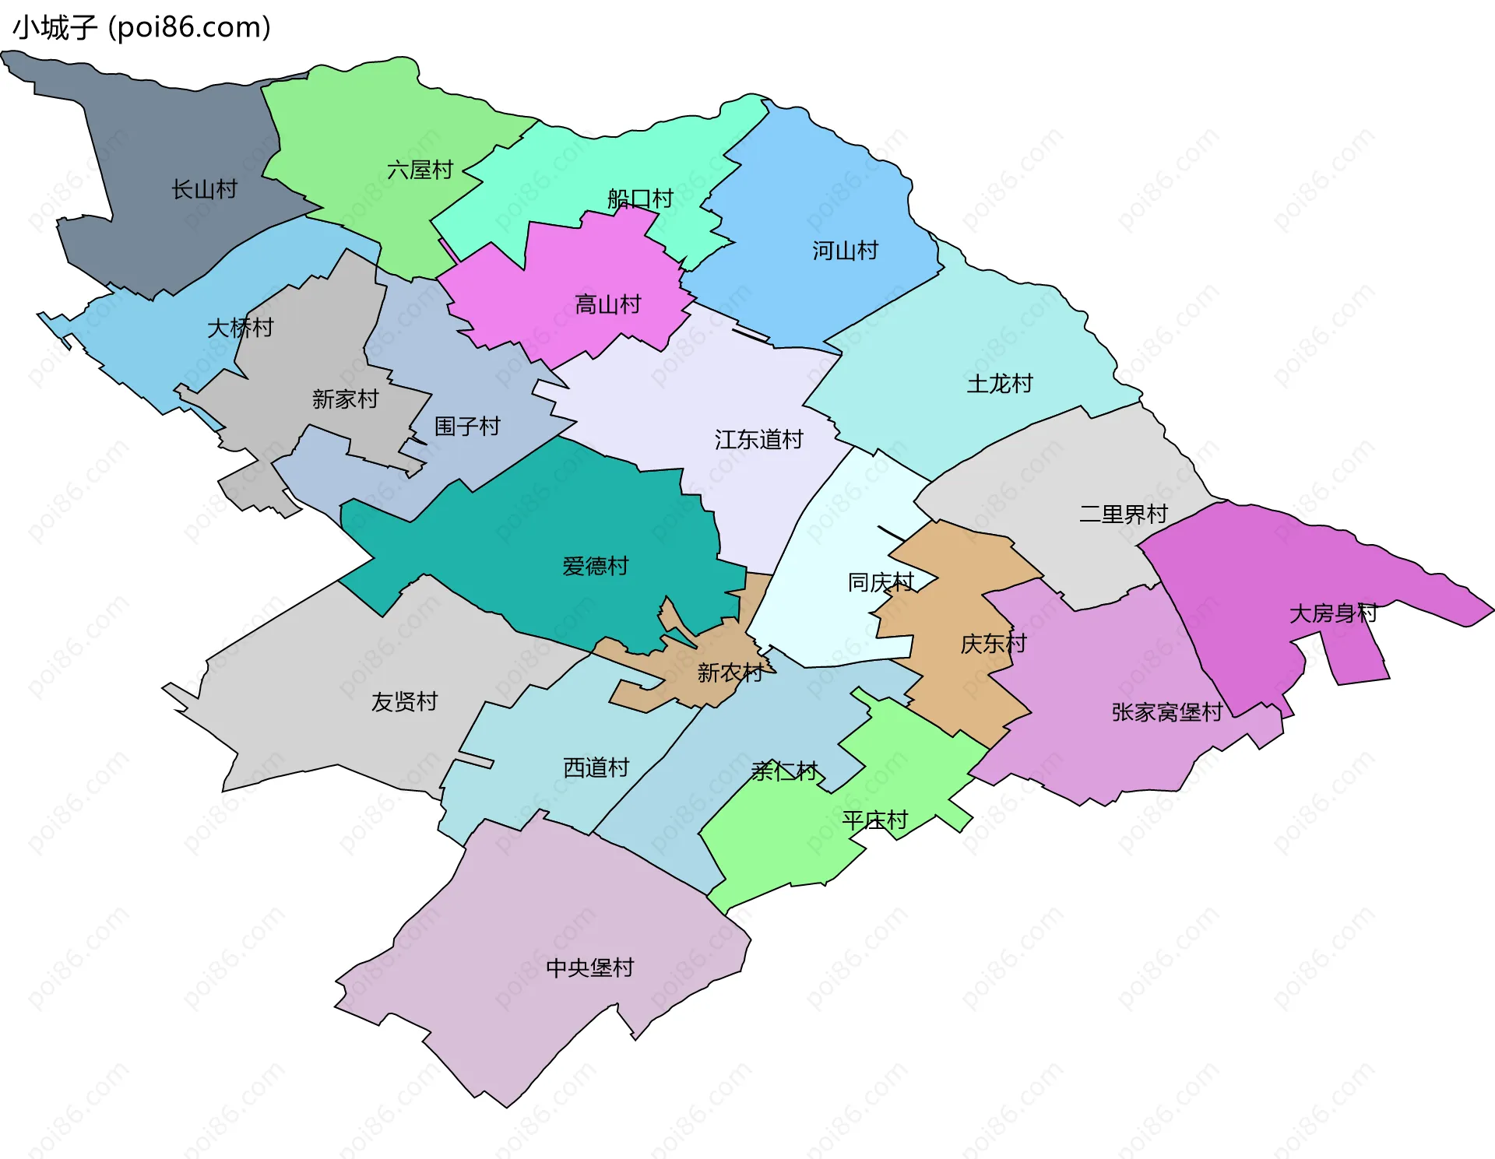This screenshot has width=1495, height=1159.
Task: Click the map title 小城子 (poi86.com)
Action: tap(142, 27)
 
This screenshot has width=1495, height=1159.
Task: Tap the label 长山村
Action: tap(204, 189)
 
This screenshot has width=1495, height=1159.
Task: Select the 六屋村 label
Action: tap(420, 170)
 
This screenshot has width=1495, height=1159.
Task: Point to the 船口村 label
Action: tap(640, 198)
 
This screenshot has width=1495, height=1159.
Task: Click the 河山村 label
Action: tap(845, 251)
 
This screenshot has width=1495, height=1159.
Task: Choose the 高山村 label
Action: tap(607, 304)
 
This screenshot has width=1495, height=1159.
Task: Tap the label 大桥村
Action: tap(240, 328)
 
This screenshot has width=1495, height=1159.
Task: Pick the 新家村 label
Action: tap(345, 399)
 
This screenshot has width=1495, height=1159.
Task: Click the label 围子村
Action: tap(466, 426)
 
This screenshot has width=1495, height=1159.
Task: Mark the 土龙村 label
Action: tap(999, 384)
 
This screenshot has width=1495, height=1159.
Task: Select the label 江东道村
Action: tap(758, 440)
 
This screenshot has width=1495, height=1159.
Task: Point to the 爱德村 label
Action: tap(595, 566)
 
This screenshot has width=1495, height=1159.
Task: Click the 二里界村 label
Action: tap(1123, 514)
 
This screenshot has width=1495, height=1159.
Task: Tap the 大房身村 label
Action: tap(1333, 613)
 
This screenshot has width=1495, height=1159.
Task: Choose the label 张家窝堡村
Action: tap(1166, 712)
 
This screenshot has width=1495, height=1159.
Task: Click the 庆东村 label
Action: tap(993, 644)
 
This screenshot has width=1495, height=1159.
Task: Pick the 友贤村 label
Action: tap(404, 702)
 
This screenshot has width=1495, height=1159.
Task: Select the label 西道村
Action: tap(596, 767)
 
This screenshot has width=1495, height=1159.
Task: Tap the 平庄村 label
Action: tap(874, 820)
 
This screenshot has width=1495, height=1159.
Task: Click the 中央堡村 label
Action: tap(589, 968)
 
